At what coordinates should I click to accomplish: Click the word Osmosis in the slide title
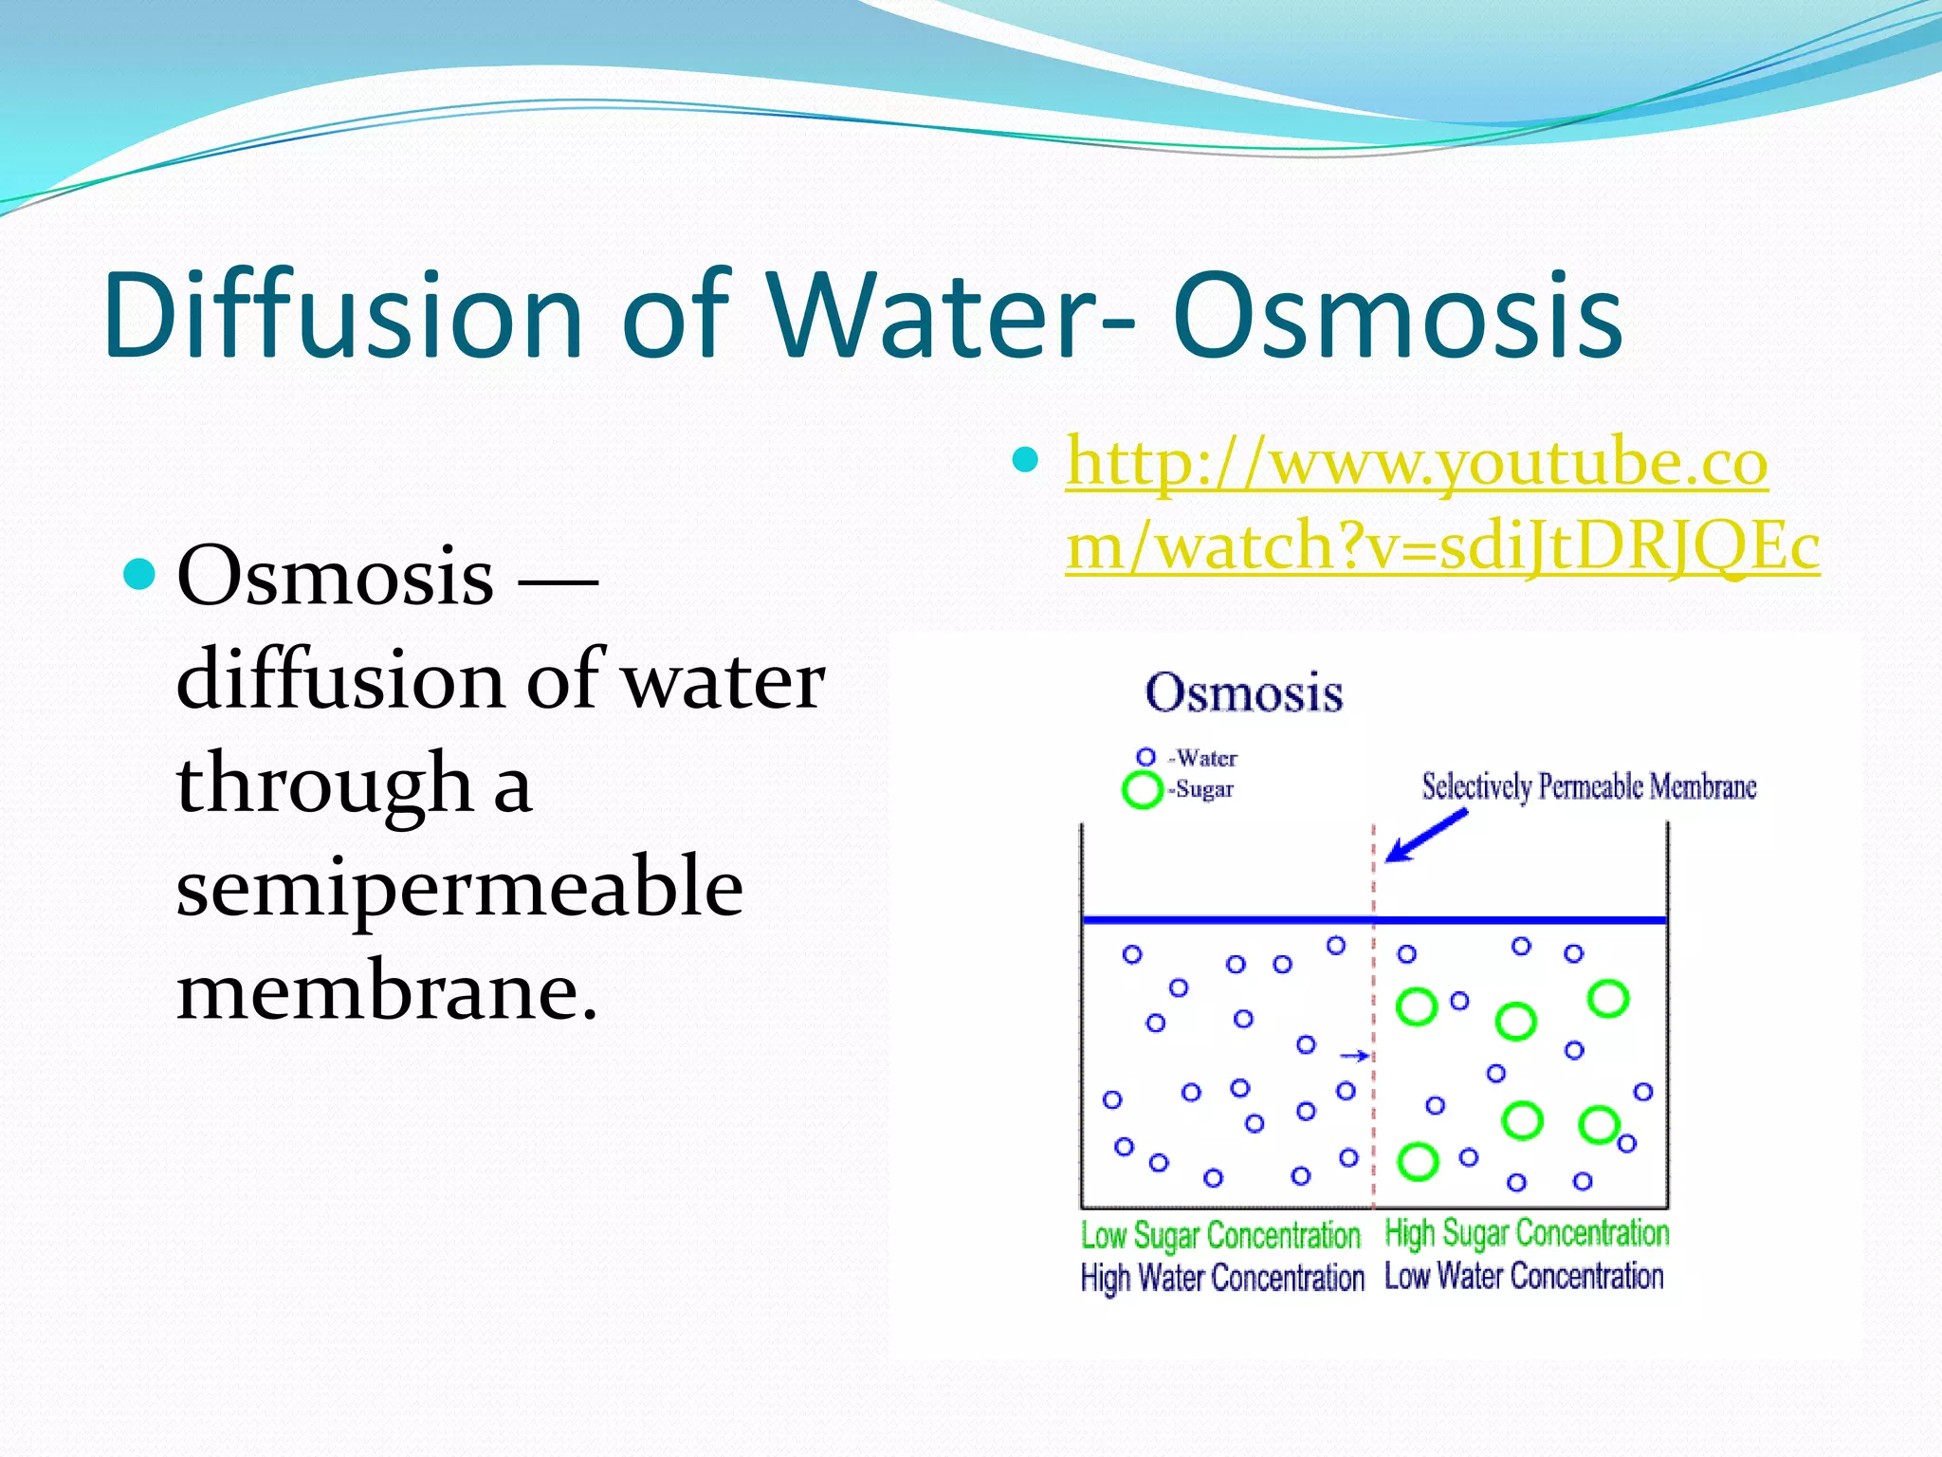click(1398, 317)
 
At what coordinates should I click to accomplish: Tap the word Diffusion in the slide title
click(342, 317)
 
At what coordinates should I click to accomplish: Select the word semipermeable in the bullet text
click(459, 888)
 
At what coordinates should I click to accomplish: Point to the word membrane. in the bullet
click(387, 990)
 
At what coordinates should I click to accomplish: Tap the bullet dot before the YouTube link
click(1026, 460)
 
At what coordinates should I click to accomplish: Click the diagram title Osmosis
click(1243, 692)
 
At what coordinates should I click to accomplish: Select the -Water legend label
click(1203, 758)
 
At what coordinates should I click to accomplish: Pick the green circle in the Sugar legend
click(1142, 789)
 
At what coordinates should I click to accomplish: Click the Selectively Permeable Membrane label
click(1588, 786)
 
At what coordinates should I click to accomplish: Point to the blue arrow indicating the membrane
click(1425, 836)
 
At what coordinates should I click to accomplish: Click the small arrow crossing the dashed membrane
click(1355, 1056)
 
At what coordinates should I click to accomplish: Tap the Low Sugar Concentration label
click(1220, 1235)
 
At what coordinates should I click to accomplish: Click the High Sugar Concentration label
click(1527, 1233)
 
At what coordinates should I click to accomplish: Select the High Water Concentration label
click(1221, 1278)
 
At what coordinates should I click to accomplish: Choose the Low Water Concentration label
click(1524, 1276)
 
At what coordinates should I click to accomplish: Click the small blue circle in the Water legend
click(1145, 757)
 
